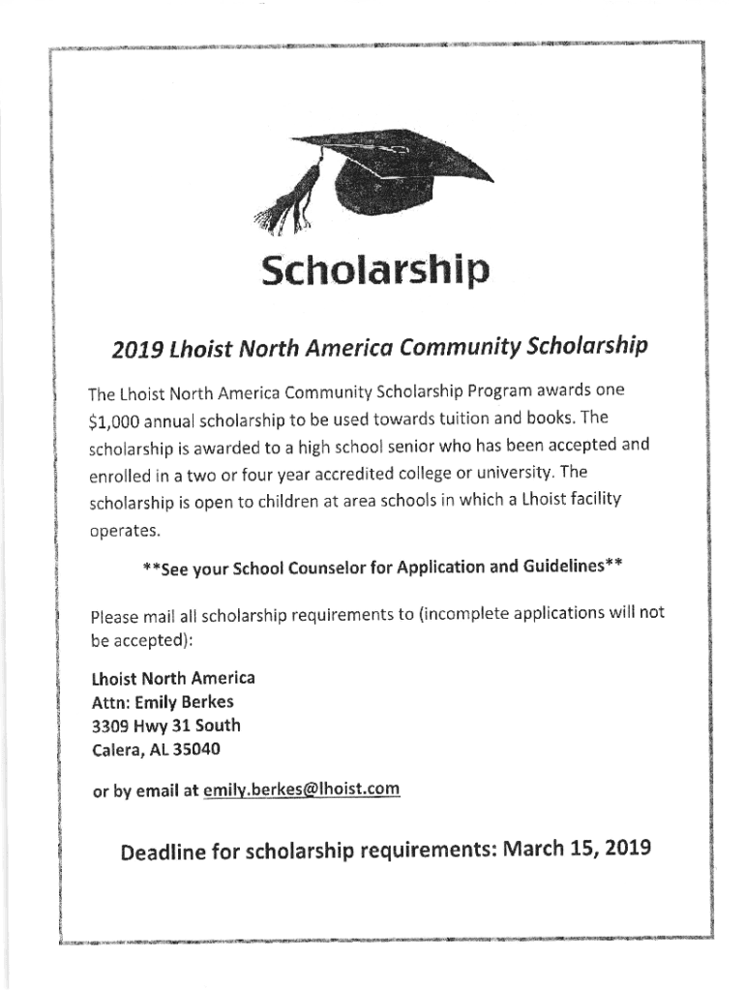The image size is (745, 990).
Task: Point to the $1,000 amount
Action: point(116,422)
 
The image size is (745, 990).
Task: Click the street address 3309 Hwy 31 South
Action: point(165,725)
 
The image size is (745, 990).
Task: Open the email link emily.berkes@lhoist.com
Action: point(301,791)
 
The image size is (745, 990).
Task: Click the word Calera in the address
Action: point(116,749)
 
